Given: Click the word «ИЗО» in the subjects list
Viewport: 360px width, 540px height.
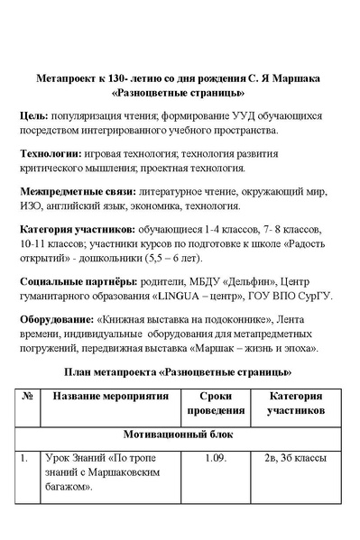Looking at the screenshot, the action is [x=31, y=206].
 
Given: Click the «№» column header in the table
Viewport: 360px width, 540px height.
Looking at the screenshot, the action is [x=27, y=396].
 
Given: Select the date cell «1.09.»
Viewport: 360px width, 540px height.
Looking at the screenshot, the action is [x=209, y=458].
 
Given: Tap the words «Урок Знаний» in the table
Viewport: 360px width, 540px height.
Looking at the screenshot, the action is [x=72, y=458].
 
